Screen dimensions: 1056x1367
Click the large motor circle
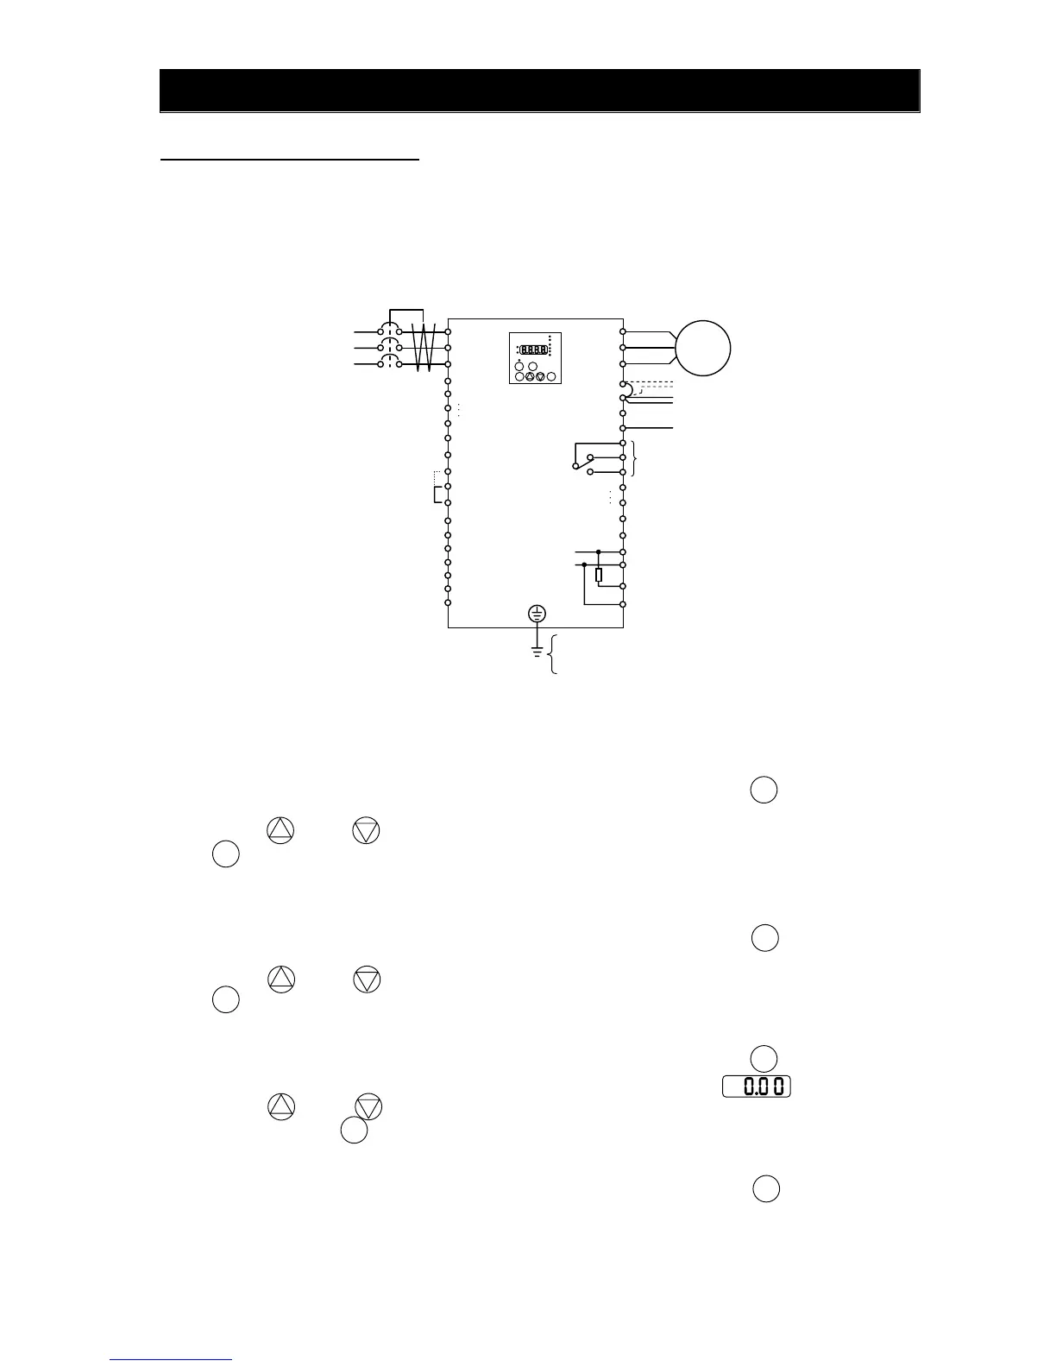[x=703, y=348]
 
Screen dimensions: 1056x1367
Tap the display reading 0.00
[x=757, y=1087]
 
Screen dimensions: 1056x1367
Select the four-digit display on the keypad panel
[x=534, y=350]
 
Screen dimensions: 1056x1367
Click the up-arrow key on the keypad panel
[x=530, y=376]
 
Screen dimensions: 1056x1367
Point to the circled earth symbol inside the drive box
[x=537, y=614]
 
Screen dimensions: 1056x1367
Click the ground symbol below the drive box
[x=537, y=652]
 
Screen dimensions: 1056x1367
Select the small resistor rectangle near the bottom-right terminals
[x=599, y=574]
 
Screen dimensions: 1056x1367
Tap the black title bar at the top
[x=539, y=91]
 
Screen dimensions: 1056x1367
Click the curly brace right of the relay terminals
[x=635, y=457]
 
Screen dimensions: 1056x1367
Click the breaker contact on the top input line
[x=389, y=331]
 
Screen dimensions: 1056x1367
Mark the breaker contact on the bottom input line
[x=389, y=364]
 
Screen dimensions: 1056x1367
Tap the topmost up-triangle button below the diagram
[x=280, y=830]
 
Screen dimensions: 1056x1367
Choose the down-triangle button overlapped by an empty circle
[x=368, y=1108]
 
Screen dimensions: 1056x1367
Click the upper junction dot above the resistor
[x=599, y=551]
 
